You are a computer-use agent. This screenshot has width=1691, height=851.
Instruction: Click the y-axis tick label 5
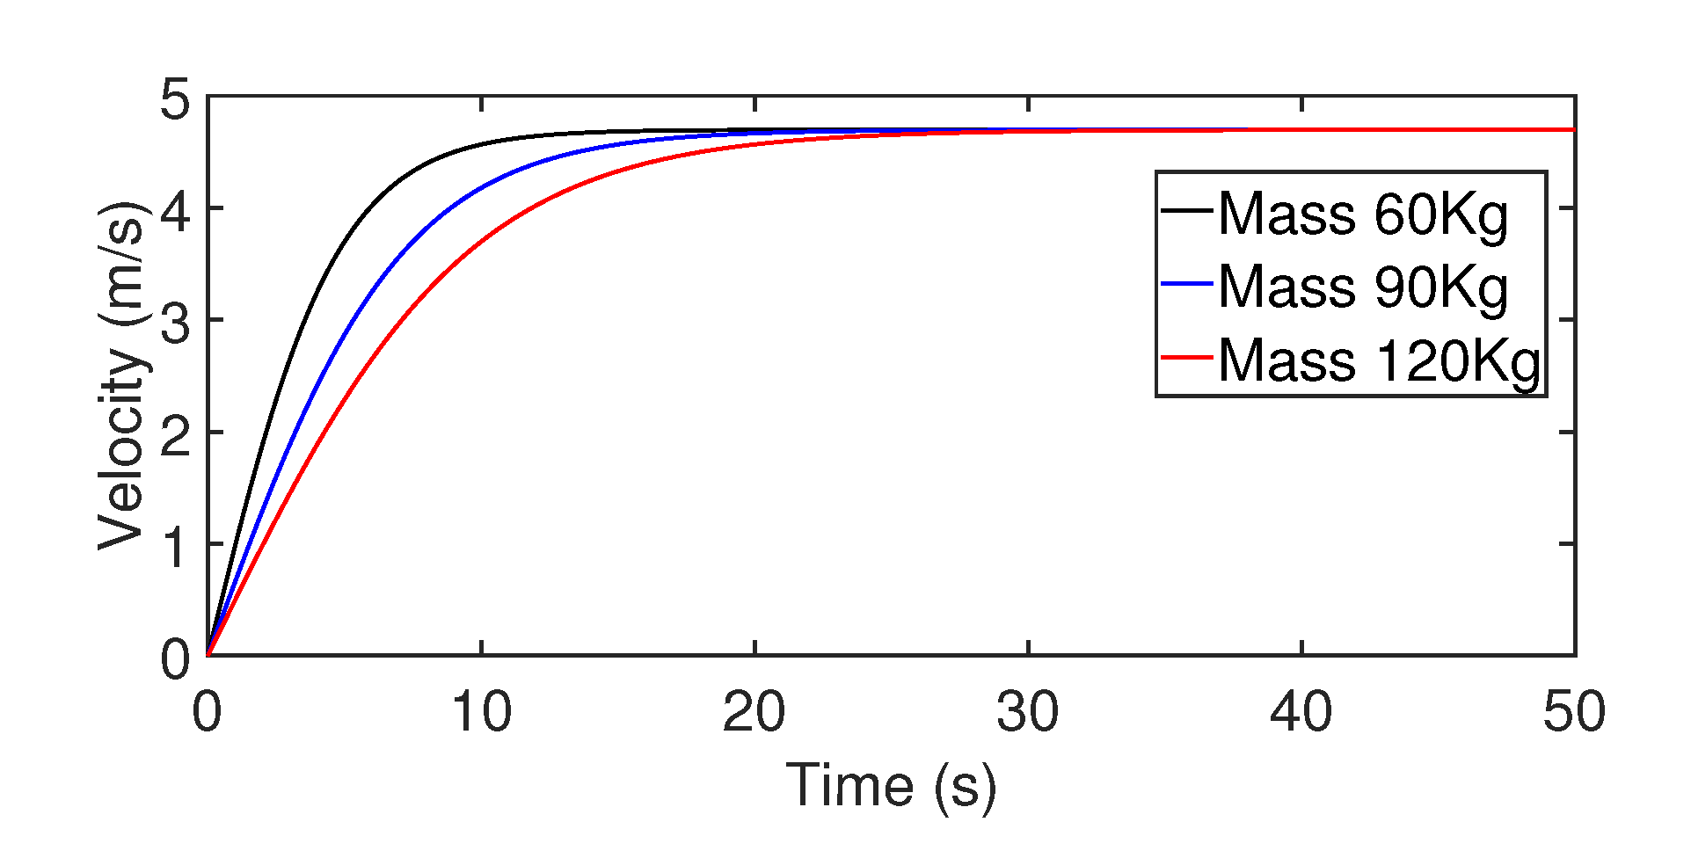[175, 99]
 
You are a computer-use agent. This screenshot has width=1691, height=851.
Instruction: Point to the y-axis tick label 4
[175, 209]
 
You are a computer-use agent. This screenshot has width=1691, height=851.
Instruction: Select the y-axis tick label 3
[175, 322]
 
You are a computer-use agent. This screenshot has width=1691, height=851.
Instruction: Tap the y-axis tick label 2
[175, 433]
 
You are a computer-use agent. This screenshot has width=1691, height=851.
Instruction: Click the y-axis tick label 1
[175, 545]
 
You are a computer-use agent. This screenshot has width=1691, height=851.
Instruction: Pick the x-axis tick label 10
[481, 711]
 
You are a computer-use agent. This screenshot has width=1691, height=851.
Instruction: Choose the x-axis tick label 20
[754, 711]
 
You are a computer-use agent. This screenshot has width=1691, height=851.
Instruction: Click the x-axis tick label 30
[1028, 711]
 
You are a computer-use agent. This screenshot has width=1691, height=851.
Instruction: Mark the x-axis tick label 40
[1301, 711]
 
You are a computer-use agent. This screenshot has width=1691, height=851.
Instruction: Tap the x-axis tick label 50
[1574, 711]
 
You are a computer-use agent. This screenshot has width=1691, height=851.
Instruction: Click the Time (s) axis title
[891, 785]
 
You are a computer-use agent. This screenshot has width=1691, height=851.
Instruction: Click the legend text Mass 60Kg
[1363, 214]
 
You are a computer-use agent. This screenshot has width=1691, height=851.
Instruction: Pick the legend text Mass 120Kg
[1379, 360]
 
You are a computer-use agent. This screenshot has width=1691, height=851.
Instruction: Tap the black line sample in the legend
[1186, 209]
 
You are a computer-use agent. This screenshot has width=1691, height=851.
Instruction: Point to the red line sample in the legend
[1186, 357]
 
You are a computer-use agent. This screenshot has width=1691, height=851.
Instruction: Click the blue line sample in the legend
[1186, 283]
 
